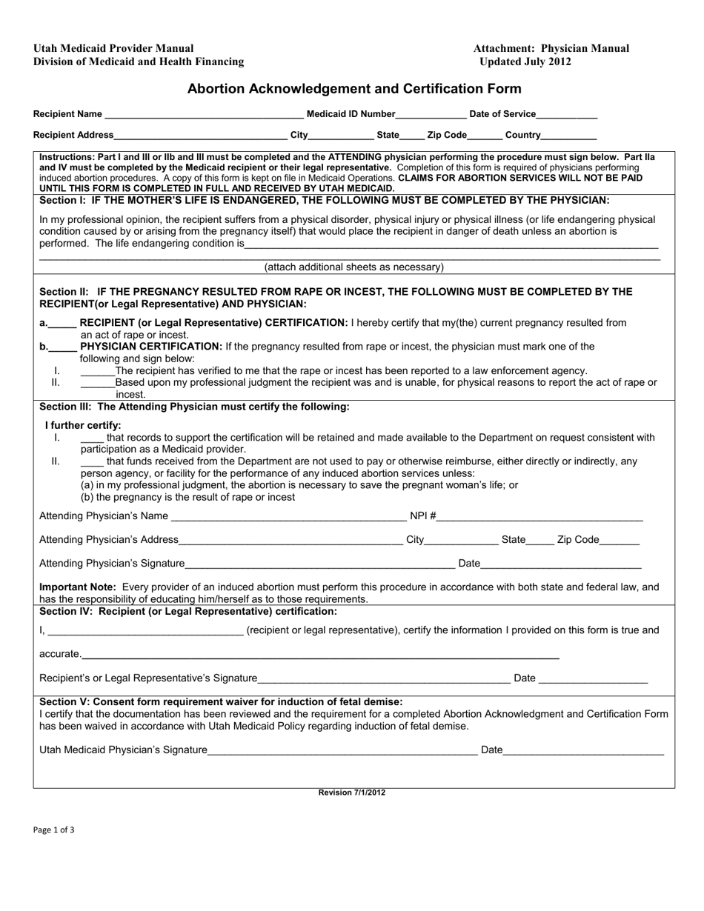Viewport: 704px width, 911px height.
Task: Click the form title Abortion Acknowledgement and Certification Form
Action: click(x=354, y=89)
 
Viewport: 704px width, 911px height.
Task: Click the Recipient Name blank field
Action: click(x=204, y=116)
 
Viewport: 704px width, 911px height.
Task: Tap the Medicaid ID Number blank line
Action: click(x=431, y=116)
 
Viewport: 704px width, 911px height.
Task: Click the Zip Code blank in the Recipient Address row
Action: click(x=485, y=136)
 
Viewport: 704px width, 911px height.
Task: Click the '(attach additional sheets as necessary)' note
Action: click(x=354, y=267)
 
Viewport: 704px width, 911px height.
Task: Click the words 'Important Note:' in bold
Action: click(x=73, y=587)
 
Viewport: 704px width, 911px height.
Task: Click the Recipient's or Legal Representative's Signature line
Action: click(x=384, y=680)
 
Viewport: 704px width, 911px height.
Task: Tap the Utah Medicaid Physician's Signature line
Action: click(x=342, y=752)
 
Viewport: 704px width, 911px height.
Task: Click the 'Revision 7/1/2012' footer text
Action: click(x=352, y=792)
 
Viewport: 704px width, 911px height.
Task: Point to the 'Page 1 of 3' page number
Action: click(x=53, y=830)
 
